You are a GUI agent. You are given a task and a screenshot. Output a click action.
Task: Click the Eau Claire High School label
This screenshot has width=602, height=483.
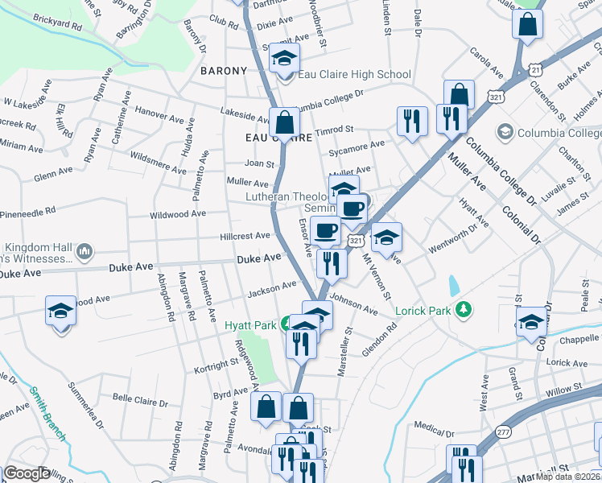tap(354, 75)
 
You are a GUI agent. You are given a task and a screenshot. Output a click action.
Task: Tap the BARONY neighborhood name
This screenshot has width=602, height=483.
tap(223, 71)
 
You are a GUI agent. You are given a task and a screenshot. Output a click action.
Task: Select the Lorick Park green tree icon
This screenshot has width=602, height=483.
tap(463, 309)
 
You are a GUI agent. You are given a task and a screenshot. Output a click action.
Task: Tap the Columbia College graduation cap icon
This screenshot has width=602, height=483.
tap(505, 131)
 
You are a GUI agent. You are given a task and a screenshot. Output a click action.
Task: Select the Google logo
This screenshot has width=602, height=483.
tap(27, 473)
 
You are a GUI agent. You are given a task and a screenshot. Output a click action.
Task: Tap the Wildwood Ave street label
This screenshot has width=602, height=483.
tap(178, 215)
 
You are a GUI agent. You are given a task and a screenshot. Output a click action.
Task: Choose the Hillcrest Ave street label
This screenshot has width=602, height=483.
tap(245, 236)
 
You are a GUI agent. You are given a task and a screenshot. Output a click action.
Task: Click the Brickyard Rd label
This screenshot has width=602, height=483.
tap(53, 26)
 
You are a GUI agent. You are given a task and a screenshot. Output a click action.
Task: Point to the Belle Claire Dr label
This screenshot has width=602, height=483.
tap(140, 400)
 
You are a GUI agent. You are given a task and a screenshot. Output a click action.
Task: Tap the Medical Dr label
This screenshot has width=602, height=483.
tap(430, 426)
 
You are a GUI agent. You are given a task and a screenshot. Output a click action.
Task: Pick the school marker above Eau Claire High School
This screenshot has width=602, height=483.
tap(284, 57)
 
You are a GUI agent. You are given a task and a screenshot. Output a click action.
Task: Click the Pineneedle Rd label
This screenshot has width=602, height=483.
tap(27, 211)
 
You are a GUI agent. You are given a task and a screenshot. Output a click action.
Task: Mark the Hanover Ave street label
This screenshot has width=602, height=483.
tap(159, 117)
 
